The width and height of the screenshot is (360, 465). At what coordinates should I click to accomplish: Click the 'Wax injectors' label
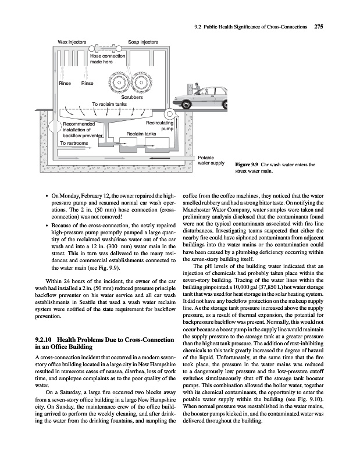[x=73, y=42]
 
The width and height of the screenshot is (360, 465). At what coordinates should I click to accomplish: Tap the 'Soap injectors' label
[x=143, y=42]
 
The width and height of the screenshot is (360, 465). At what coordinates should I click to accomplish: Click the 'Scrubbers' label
[x=131, y=97]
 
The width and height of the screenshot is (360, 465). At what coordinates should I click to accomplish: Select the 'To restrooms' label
[x=74, y=143]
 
